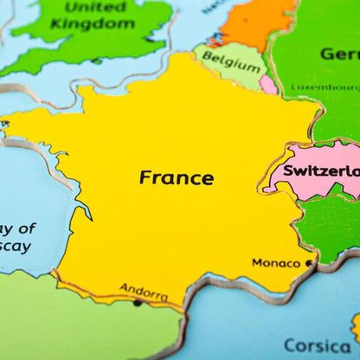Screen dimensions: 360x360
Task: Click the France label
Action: [x=177, y=177]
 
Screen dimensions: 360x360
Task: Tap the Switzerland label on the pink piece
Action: [x=321, y=170]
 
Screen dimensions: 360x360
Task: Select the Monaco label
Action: [x=276, y=262]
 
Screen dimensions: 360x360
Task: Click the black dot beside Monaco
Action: [x=309, y=262]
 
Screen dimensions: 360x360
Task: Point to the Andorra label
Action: [x=144, y=292]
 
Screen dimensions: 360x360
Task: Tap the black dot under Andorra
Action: [x=137, y=303]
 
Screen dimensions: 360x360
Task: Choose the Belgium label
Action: [x=231, y=65]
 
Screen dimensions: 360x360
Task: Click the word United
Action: [x=95, y=7]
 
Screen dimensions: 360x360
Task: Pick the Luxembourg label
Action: [x=325, y=87]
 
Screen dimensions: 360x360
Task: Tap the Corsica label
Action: [x=318, y=345]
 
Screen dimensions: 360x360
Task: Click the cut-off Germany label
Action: [x=339, y=54]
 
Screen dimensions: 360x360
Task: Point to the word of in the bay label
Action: [x=26, y=229]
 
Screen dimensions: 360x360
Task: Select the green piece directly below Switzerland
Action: [x=330, y=227]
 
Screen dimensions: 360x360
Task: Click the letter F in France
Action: [x=145, y=177]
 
